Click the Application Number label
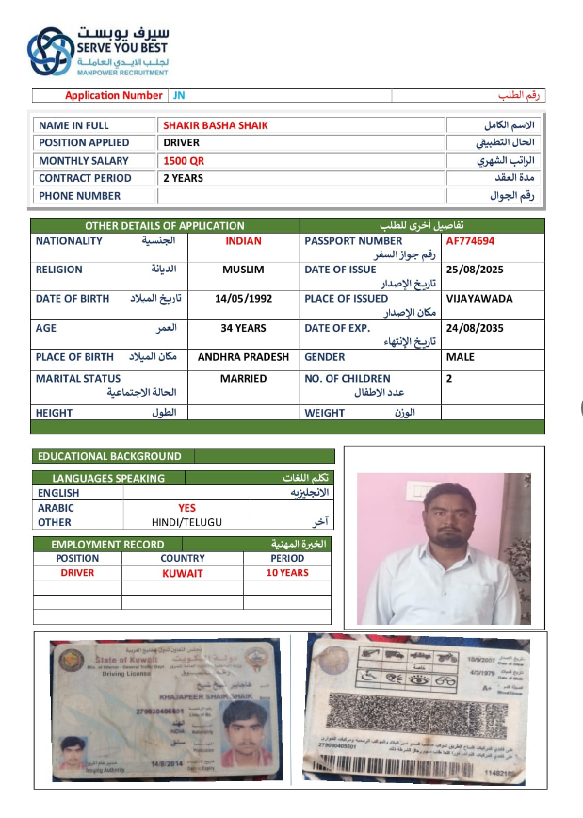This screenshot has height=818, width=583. pos(114,95)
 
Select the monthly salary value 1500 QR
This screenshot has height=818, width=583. pos(183,160)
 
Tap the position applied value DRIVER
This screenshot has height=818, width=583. pos(181,142)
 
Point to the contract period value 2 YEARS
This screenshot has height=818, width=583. pos(183,178)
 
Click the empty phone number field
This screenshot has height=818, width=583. pos(300,196)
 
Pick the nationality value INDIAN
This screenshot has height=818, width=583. pos(243,241)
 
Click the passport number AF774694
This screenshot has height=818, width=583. pos(470,241)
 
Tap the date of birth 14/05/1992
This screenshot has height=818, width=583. pos(243,299)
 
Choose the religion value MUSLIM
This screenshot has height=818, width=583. pos(243,270)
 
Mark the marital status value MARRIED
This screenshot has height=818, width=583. pos(243,379)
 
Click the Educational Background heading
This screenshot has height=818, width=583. pos(109,456)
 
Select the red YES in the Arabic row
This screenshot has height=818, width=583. pos(187,507)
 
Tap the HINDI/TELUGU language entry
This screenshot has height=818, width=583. pos(187,522)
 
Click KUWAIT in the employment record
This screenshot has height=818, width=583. pos(182,573)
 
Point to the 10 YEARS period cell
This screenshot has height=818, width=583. pos(286,573)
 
